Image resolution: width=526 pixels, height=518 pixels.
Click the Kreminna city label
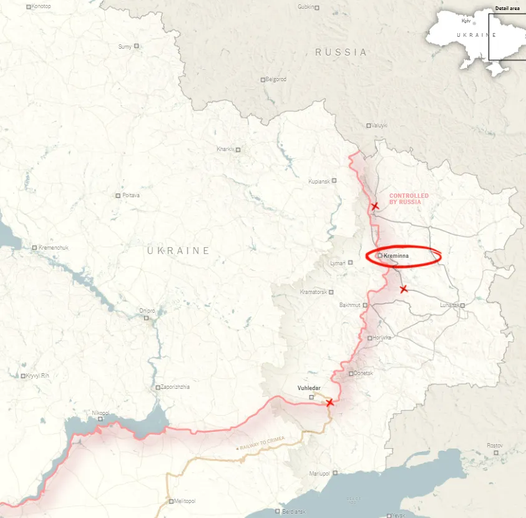[396, 256]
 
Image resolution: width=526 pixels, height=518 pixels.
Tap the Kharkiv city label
[225, 149]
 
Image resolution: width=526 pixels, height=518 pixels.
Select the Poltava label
[131, 195]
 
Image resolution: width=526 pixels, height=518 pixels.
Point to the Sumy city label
[125, 46]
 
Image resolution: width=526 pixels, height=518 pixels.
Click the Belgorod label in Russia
[276, 79]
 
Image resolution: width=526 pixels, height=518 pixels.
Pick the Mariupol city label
[319, 473]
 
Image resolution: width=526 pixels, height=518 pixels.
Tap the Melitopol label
[186, 501]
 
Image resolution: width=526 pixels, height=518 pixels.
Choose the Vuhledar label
[309, 388]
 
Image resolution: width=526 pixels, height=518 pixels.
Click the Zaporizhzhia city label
[175, 387]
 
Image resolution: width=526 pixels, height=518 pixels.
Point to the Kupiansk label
[319, 181]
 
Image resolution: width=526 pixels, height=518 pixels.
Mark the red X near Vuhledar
[330, 403]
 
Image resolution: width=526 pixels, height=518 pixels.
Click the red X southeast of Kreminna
[403, 288]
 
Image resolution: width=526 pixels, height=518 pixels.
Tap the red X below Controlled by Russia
[374, 206]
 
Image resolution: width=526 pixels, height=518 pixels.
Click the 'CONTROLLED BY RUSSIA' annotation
[409, 199]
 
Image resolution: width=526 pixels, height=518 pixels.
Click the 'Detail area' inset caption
[507, 8]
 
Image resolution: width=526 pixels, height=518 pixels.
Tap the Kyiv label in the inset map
[466, 21]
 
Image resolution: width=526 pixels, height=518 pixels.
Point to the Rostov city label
[494, 445]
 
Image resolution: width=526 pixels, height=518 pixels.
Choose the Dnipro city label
[147, 310]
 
